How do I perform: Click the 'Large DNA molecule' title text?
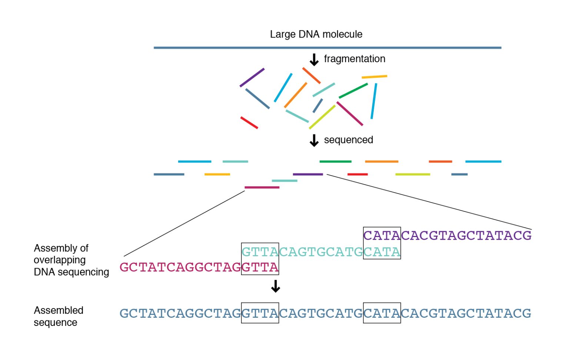316,34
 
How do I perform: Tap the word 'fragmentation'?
354,59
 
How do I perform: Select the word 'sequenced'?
348,140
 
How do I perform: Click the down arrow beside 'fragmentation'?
314,60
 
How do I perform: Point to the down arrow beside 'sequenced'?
314,140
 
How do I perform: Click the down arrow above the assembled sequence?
275,286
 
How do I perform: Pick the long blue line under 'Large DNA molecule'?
327,48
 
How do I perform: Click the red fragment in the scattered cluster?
249,123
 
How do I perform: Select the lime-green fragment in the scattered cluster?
322,117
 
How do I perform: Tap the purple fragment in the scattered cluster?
252,78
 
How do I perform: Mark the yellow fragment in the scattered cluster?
374,77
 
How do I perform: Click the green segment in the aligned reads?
335,161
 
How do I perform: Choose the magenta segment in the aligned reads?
262,187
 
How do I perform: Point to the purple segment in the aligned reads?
308,174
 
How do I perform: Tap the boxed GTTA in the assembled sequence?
260,313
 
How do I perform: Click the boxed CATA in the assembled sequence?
382,313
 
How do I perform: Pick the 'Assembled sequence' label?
58,316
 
